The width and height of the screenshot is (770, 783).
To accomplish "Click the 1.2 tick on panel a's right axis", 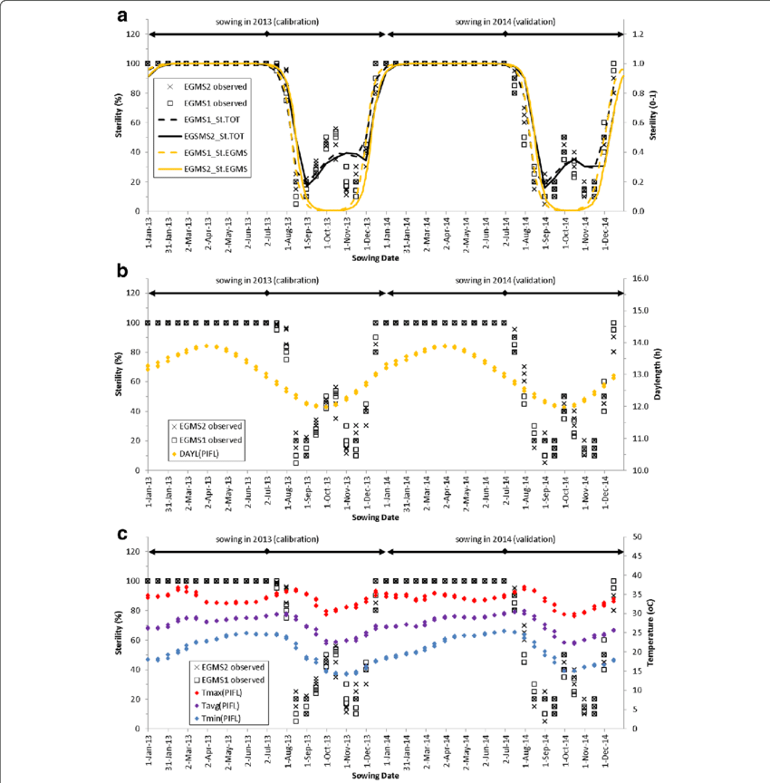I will tap(637, 34).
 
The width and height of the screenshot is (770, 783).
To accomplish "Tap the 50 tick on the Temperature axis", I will tap(635, 536).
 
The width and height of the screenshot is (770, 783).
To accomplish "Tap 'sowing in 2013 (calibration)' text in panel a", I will tap(267, 22).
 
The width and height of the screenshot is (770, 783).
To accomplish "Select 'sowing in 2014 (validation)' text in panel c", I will tap(505, 539).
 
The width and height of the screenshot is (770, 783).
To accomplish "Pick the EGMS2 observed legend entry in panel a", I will tap(214, 86).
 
